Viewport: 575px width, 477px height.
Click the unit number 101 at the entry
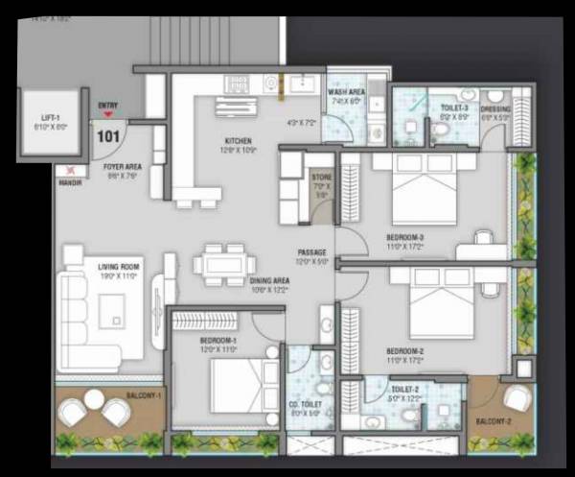[x=108, y=135]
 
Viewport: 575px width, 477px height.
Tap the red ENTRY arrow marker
[x=107, y=113]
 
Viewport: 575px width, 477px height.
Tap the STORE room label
[x=321, y=177]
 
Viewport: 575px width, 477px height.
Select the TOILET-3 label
[x=453, y=108]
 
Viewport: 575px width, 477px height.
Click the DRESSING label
[x=495, y=108]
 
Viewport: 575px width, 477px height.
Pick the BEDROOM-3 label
[x=404, y=236]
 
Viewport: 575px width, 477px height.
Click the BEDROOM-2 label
[x=404, y=350]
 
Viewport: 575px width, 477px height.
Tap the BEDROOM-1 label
[x=218, y=341]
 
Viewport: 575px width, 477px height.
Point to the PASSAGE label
[x=311, y=252]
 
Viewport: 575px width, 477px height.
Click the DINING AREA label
[x=270, y=280]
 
